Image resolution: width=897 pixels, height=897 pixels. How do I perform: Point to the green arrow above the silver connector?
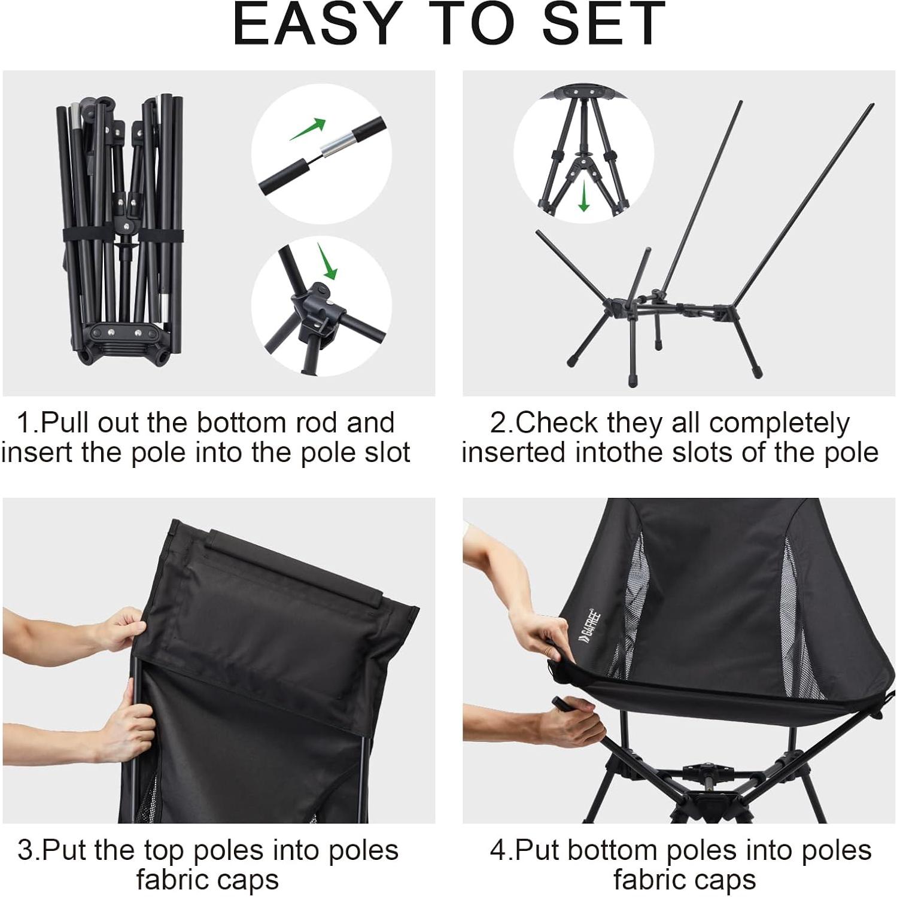click(x=308, y=129)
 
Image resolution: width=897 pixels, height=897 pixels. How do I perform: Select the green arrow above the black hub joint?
click(x=327, y=261)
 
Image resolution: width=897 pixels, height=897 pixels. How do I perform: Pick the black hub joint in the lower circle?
click(x=317, y=306)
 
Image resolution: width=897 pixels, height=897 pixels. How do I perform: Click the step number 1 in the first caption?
click(x=26, y=423)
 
